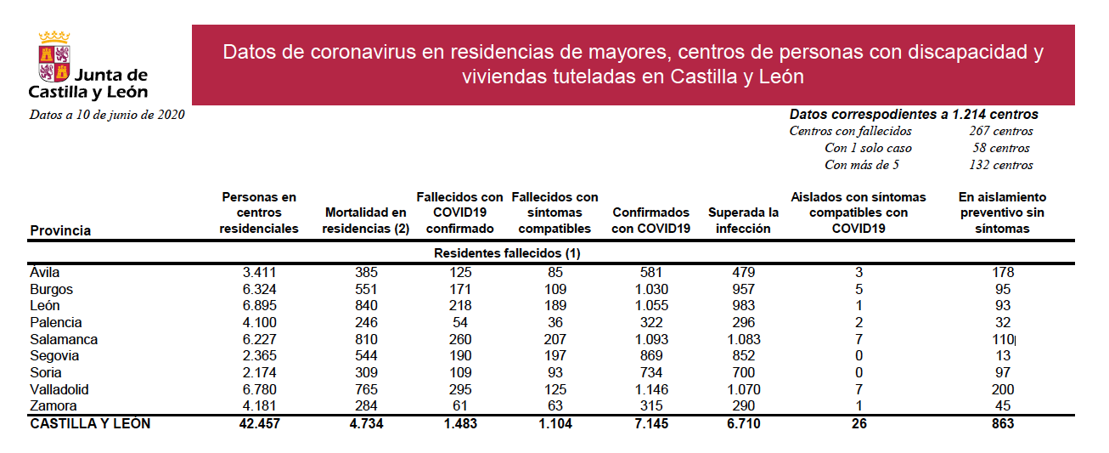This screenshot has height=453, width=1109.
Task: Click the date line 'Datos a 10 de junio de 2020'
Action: pyautogui.click(x=107, y=115)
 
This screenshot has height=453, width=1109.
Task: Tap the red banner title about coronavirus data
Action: pyautogui.click(x=633, y=65)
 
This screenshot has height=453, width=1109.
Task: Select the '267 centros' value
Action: pyautogui.click(x=1001, y=131)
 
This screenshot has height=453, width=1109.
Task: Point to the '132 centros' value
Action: pyautogui.click(x=1001, y=165)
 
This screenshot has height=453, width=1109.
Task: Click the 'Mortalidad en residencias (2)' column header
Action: pyautogui.click(x=365, y=221)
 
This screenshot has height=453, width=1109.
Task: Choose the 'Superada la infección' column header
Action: pyautogui.click(x=743, y=221)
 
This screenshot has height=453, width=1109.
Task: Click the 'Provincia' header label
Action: pyautogui.click(x=60, y=230)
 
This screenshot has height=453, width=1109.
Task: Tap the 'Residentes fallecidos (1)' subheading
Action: pyautogui.click(x=507, y=253)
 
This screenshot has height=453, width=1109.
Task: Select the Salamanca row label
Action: pyautogui.click(x=64, y=339)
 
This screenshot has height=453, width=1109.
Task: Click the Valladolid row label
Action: pyautogui.click(x=59, y=389)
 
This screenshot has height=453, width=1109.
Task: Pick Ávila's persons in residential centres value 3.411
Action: pyautogui.click(x=260, y=272)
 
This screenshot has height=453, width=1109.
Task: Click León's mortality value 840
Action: pyautogui.click(x=366, y=305)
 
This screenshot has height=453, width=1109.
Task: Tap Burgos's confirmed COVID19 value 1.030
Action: pyautogui.click(x=651, y=289)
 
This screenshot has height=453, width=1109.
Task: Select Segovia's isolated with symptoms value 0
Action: pyautogui.click(x=859, y=356)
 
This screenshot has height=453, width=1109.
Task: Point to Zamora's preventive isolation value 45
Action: pyautogui.click(x=1003, y=406)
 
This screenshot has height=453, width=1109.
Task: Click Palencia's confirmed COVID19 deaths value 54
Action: pyautogui.click(x=460, y=323)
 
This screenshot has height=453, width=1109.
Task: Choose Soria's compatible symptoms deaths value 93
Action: pyautogui.click(x=555, y=373)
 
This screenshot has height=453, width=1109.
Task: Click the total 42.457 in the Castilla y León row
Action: pyautogui.click(x=260, y=424)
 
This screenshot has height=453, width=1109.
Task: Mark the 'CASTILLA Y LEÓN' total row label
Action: pyautogui.click(x=90, y=424)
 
